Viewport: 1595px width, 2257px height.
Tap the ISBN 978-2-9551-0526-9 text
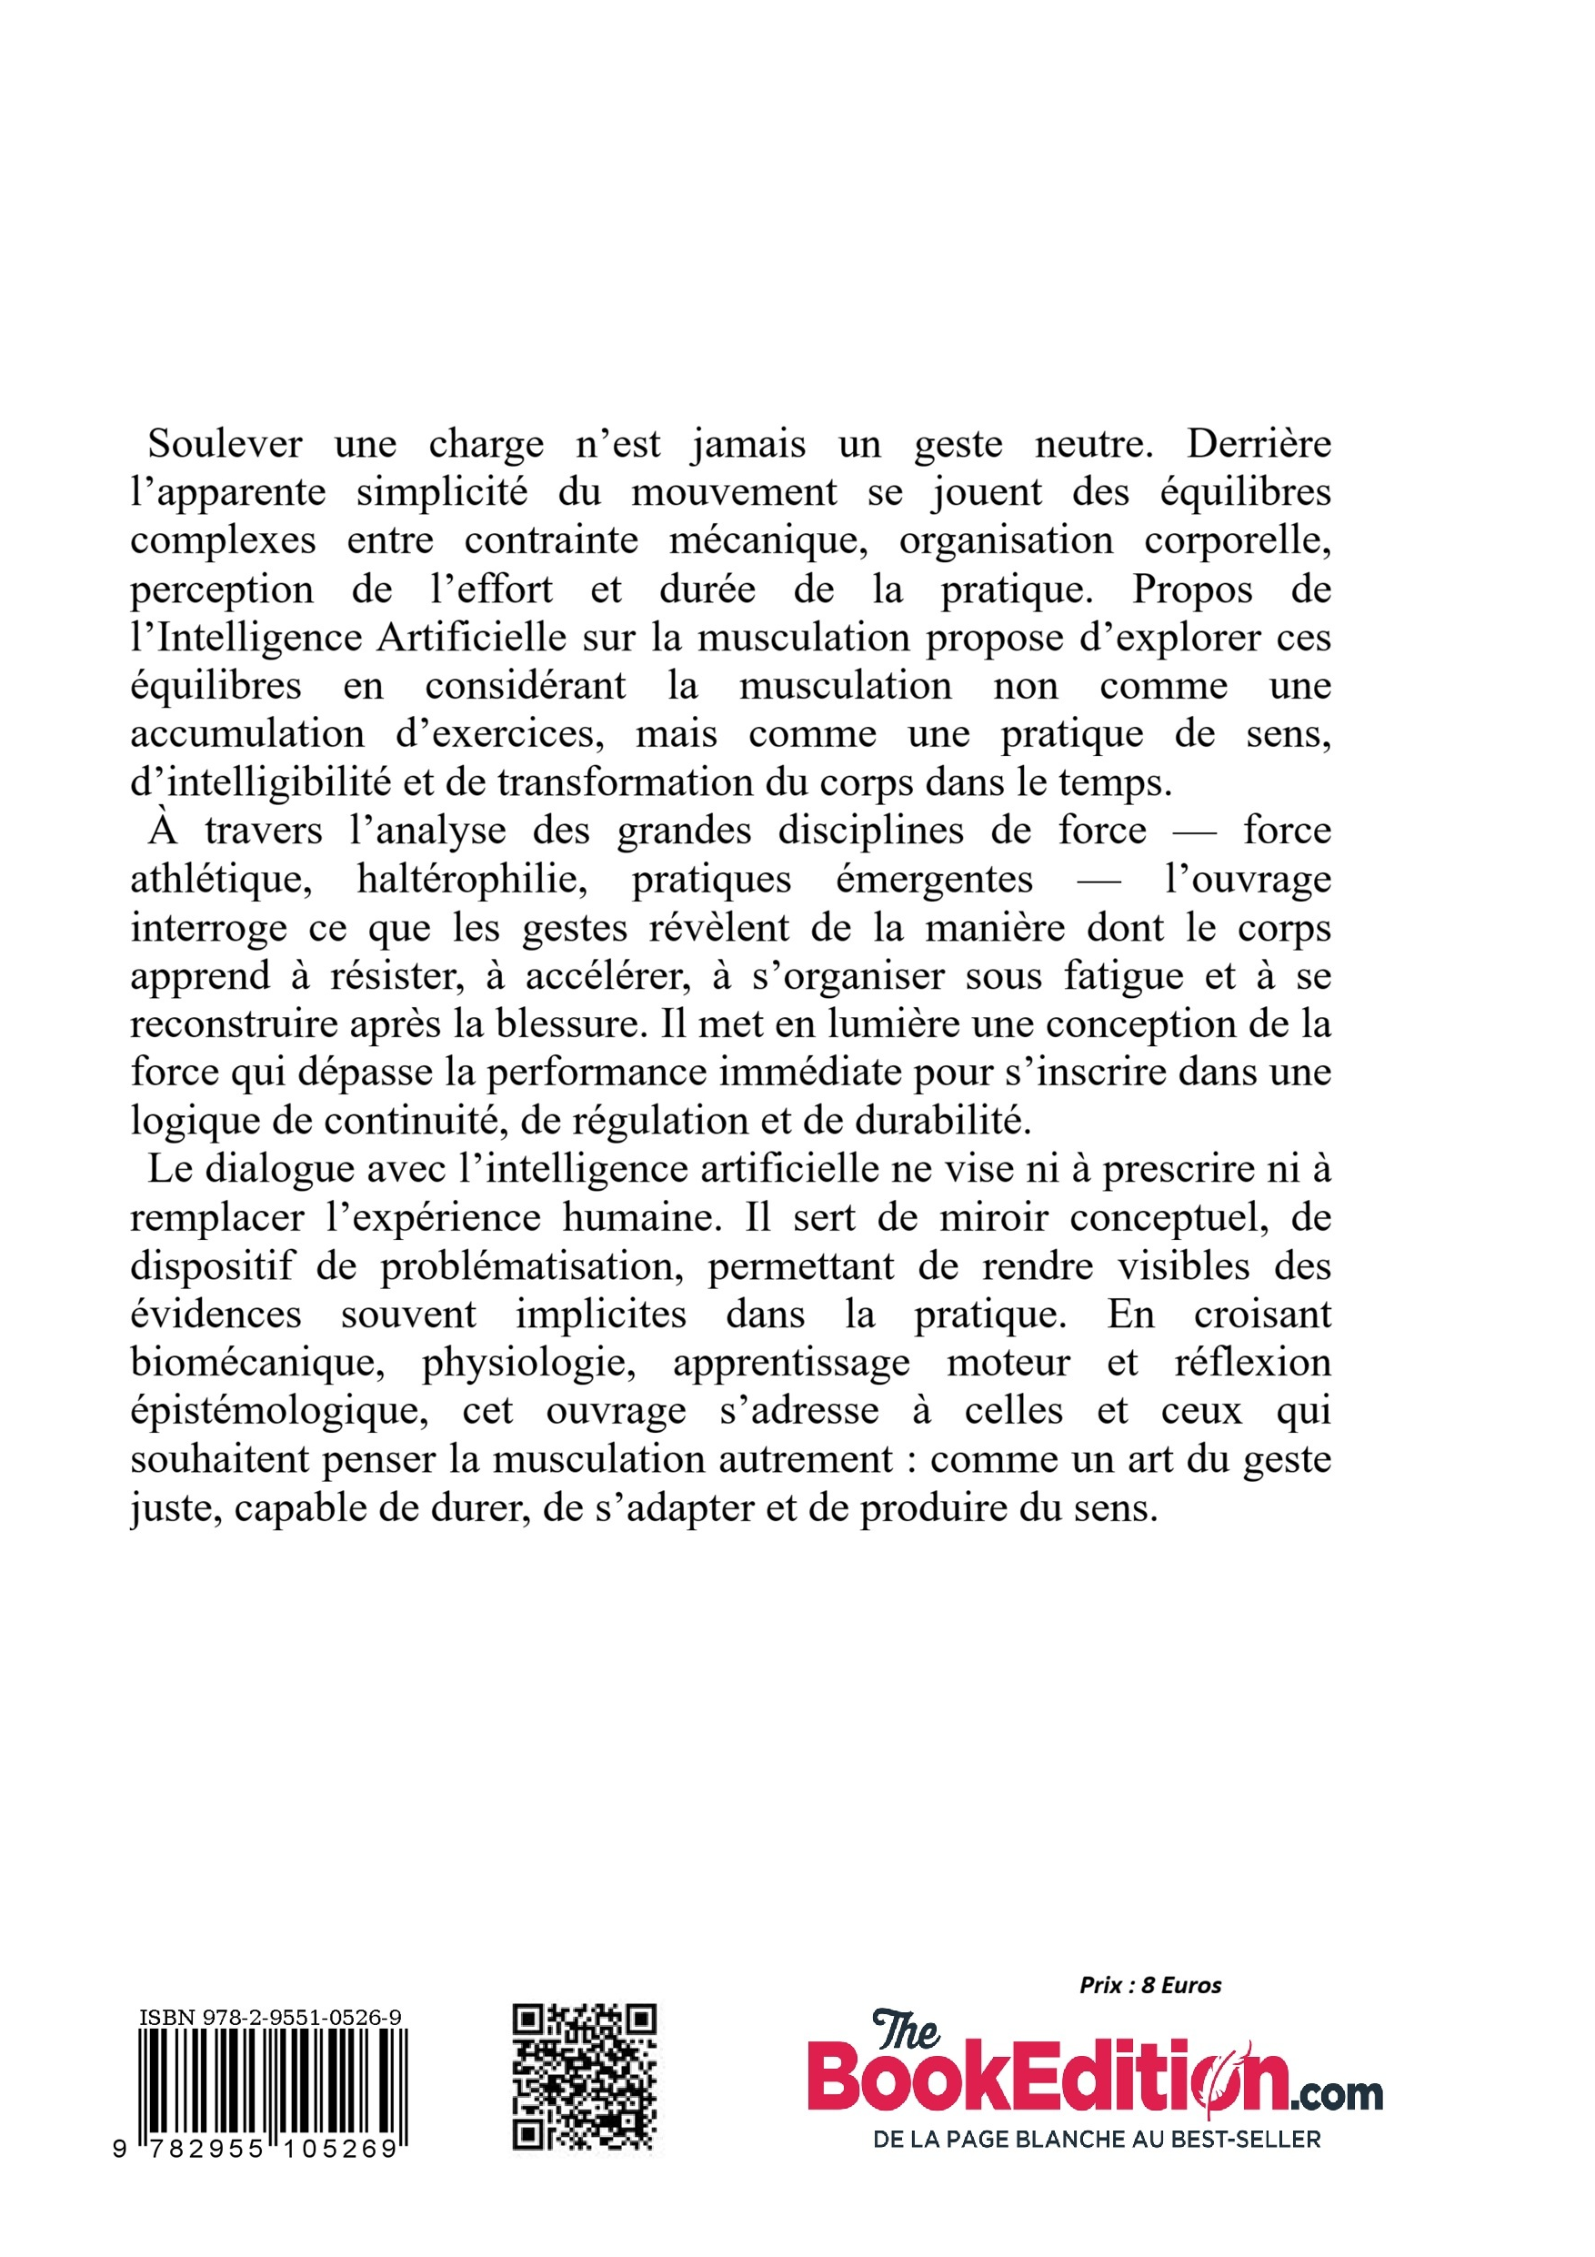pos(270,2017)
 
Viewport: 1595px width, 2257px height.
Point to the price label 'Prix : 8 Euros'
pos(1149,1985)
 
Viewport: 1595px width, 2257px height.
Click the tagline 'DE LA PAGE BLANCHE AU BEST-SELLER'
pos(1097,2139)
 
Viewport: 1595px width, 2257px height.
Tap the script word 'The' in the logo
pos(906,2029)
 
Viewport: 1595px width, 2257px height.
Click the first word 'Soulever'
pos(225,444)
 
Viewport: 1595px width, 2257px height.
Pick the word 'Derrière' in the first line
pos(1258,444)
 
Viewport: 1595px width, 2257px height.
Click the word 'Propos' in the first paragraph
pos(1192,589)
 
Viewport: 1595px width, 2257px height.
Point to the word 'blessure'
pos(567,1024)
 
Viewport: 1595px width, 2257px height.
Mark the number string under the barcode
pos(257,2150)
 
